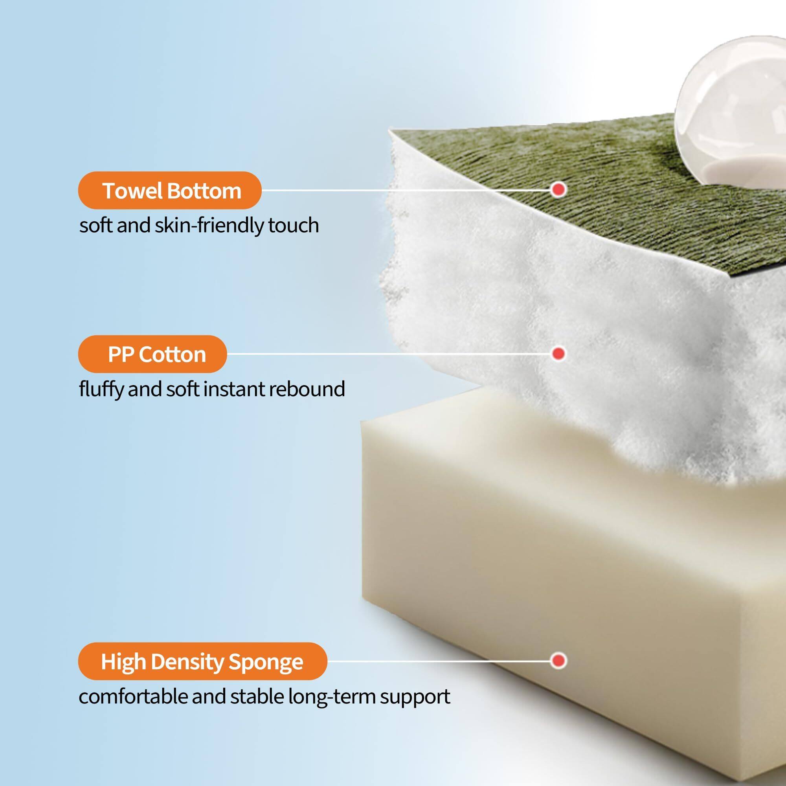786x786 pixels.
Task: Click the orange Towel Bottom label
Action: (x=169, y=190)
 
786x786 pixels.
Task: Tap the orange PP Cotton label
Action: (x=152, y=354)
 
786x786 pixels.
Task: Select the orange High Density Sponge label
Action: (x=202, y=661)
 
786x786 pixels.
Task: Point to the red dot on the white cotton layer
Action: (x=559, y=353)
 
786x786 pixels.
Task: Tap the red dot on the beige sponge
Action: (x=559, y=660)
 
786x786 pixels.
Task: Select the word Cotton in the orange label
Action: (x=172, y=354)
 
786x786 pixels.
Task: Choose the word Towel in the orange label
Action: (x=130, y=190)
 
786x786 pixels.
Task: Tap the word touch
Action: (x=293, y=225)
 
